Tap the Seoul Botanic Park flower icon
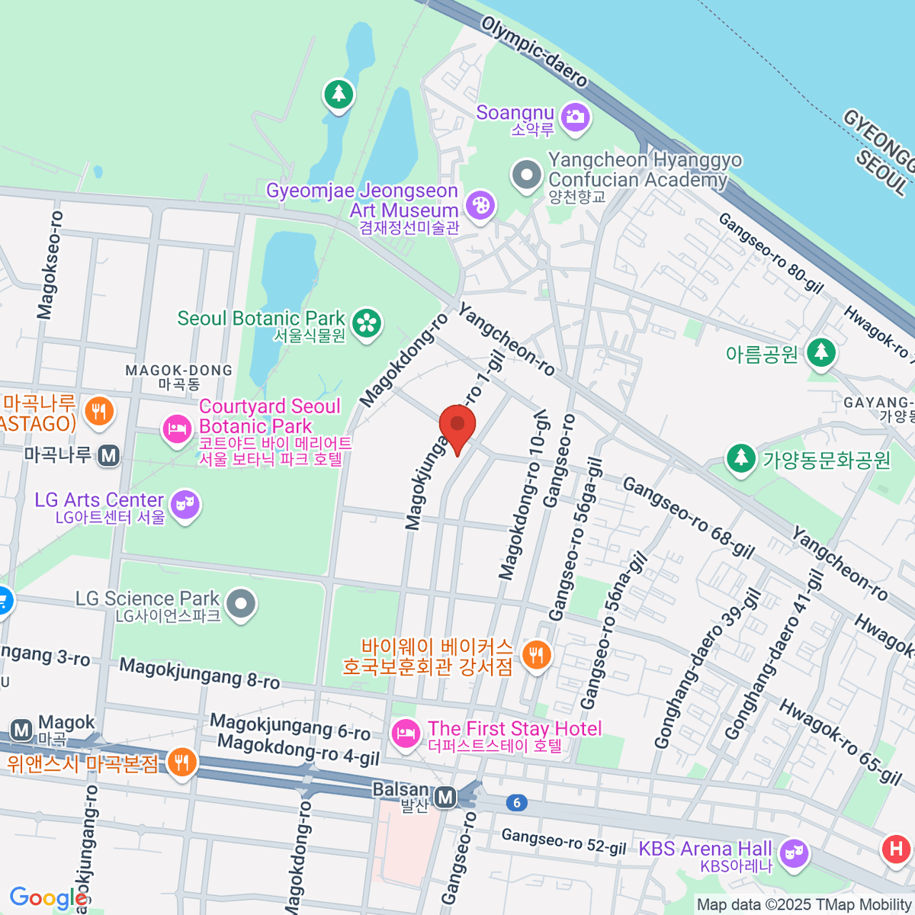pos(368,322)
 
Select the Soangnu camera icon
pos(575,117)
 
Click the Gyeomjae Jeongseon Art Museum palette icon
pos(480,205)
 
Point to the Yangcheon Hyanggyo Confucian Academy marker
pos(526,175)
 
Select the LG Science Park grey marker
pos(242,604)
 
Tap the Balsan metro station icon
pos(445,798)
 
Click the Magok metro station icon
pos(21,730)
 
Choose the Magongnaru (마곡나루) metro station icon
pos(109,456)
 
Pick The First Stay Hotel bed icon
pos(405,734)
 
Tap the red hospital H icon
pos(896,849)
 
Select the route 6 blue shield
pos(517,802)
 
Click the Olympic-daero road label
pos(535,52)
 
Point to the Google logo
pos(47,898)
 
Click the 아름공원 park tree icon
pos(821,353)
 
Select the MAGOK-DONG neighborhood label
pos(178,377)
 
